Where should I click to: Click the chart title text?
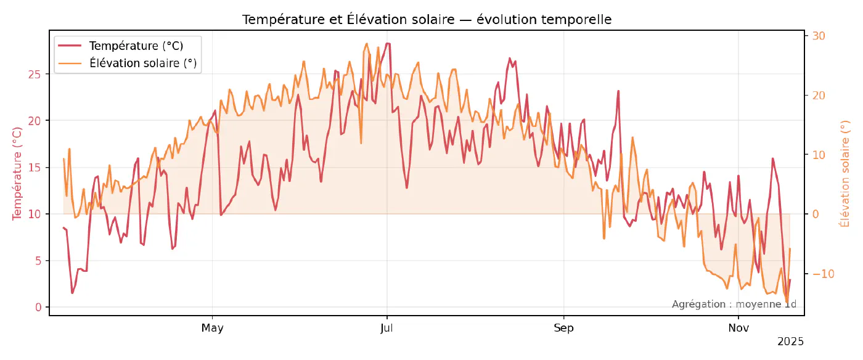point(427,20)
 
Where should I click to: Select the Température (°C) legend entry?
point(136,46)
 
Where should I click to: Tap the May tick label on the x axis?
point(212,328)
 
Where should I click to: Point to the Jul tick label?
point(387,328)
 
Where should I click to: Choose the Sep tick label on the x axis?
point(563,328)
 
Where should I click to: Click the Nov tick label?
point(738,328)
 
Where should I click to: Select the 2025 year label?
point(790,342)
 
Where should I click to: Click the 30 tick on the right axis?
point(819,36)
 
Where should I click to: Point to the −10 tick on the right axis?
point(822,274)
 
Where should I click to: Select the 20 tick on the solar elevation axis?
point(819,96)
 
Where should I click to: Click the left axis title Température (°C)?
point(17,173)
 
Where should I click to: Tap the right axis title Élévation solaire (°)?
point(845,173)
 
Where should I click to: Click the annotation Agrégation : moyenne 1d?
point(734,304)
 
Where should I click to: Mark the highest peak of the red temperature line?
point(387,43)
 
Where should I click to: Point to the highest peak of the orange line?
point(367,44)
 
